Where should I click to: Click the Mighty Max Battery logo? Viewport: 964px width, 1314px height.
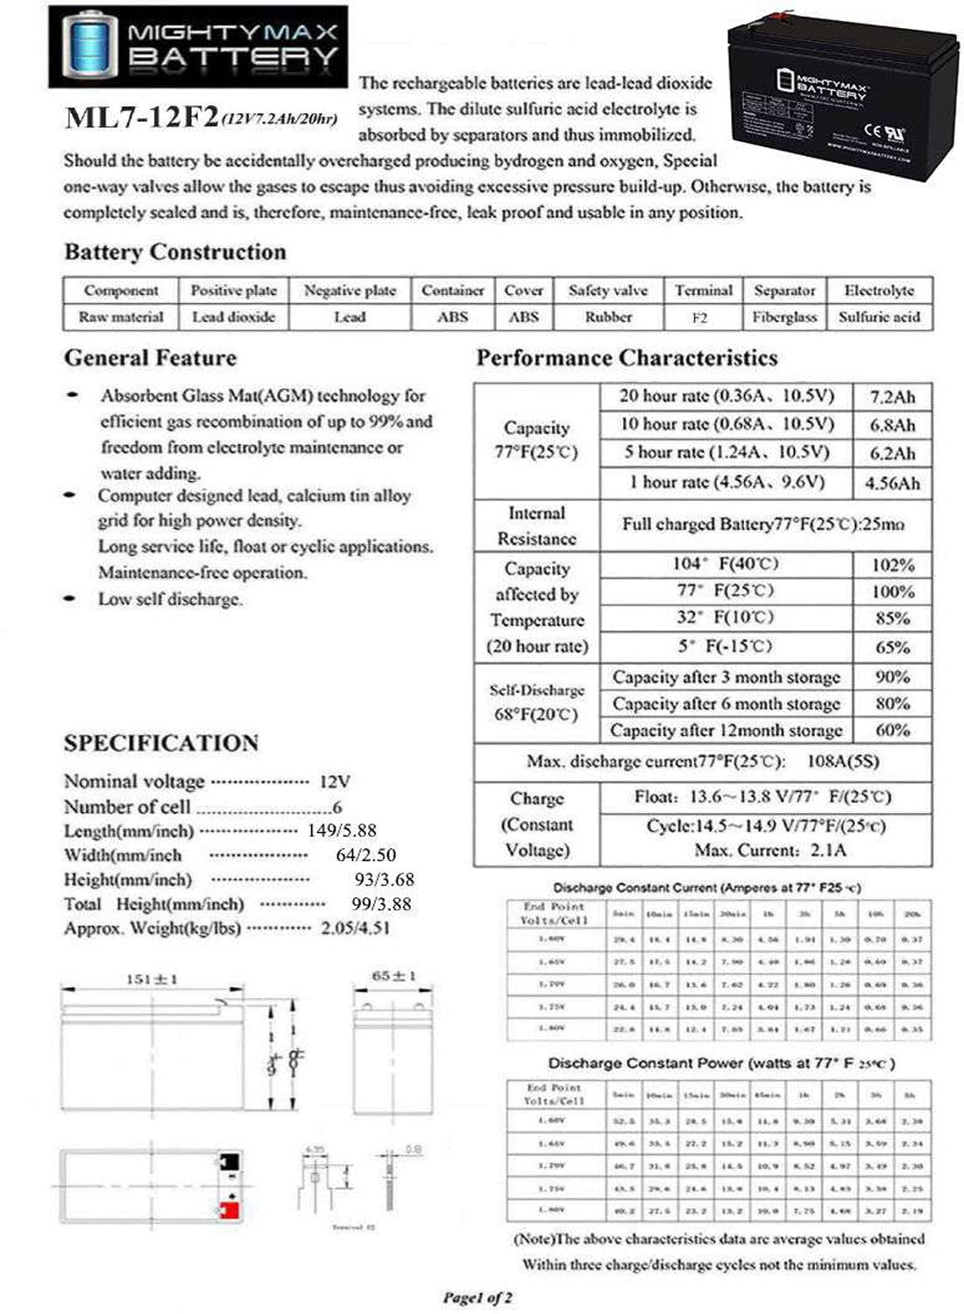point(197,46)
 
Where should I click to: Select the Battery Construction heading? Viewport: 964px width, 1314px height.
point(175,252)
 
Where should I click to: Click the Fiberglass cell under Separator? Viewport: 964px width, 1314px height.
point(784,317)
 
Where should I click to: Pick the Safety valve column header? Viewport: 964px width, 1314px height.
point(608,291)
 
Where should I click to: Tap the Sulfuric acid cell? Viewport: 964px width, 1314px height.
point(879,317)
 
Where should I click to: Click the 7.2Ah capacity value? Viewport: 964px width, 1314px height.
point(892,397)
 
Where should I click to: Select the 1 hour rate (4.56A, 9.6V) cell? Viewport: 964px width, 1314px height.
point(727,482)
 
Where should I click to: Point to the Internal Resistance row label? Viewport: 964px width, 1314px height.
point(536,526)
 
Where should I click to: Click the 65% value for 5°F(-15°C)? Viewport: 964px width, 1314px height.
point(892,647)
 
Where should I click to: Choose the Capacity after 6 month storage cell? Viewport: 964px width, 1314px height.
point(726,703)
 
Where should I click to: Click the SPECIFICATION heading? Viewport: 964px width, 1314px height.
point(161,743)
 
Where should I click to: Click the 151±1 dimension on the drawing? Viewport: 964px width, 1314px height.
point(152,978)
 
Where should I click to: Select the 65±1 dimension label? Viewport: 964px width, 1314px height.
point(393,975)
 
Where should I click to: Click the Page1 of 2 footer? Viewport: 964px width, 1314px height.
point(478,1296)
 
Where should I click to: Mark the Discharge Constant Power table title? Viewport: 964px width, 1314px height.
point(720,1063)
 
